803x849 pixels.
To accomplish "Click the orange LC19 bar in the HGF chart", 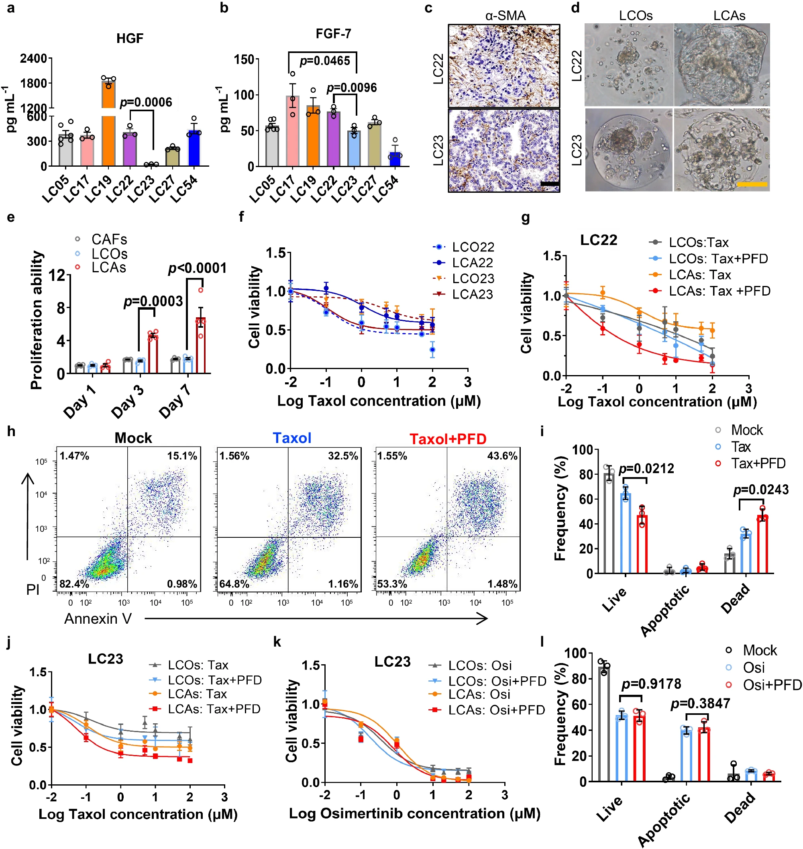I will [108, 129].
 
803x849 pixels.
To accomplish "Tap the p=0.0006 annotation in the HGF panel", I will [145, 102].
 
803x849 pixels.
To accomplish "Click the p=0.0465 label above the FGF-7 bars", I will [324, 61].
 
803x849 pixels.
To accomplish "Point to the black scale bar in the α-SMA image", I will [550, 184].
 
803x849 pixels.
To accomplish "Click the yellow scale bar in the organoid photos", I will [752, 184].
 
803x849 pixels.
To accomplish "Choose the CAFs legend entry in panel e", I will [109, 239].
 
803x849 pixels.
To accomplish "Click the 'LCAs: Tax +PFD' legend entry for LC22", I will [719, 291].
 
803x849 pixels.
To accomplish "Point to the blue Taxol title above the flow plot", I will [292, 438].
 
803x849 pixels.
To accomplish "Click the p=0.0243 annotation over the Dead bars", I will [760, 490].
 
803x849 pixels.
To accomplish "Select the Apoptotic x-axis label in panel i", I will [665, 610].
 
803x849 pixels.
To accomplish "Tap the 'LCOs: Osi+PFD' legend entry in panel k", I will [497, 681].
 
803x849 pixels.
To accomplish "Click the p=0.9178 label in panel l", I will [651, 684].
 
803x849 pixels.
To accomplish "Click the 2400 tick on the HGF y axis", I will [33, 58].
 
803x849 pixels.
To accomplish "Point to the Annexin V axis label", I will [98, 618].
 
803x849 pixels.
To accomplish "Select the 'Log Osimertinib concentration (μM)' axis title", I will [414, 814].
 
